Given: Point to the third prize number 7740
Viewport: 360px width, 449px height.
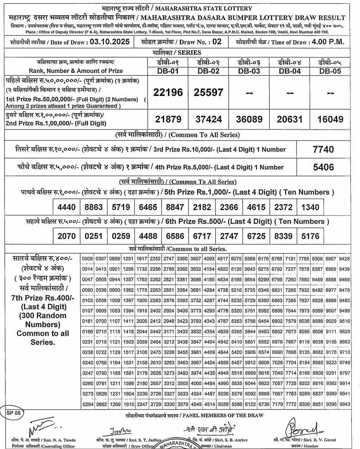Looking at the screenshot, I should pyautogui.click(x=323, y=149).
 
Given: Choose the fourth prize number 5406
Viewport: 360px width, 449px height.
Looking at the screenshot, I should pyautogui.click(x=323, y=167).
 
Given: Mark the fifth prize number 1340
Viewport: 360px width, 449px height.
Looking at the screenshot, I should pyautogui.click(x=310, y=207).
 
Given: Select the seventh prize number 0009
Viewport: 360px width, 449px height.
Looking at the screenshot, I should pyautogui.click(x=87, y=258).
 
